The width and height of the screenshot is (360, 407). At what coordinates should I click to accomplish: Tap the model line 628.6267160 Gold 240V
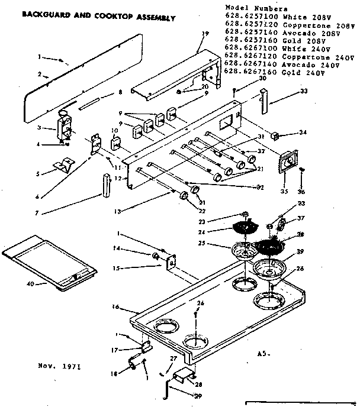pyautogui.click(x=275, y=72)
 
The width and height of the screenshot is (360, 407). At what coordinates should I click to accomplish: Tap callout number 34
pyautogui.click(x=304, y=132)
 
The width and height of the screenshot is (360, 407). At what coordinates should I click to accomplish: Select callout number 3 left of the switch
pyautogui.click(x=38, y=128)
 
